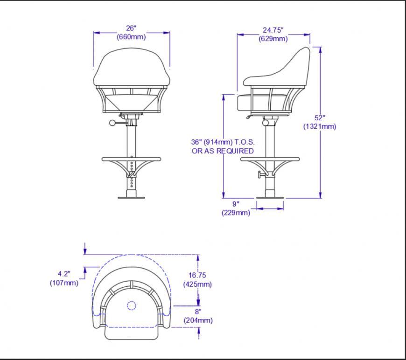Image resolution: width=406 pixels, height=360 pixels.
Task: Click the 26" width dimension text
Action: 131,29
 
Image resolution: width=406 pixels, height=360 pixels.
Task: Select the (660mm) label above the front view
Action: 131,37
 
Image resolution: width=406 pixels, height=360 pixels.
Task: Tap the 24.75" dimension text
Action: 273,30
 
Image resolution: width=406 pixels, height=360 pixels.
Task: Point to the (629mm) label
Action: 273,39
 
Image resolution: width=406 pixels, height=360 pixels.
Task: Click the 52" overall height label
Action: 320,118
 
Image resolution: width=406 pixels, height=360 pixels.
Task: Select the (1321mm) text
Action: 320,126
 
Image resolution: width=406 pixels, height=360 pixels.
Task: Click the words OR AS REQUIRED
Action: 223,151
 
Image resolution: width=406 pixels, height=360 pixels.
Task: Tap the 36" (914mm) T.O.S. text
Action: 222,142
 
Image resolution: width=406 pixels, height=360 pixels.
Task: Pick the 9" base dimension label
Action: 236,204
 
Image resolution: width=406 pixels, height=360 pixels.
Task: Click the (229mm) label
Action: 236,213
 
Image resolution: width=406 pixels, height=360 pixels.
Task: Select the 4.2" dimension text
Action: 64,274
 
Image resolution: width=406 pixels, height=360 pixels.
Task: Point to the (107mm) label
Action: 64,283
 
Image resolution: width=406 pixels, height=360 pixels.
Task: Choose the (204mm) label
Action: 198,320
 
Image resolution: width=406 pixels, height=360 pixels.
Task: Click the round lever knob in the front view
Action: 112,123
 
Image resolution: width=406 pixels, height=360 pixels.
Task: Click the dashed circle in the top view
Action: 131,305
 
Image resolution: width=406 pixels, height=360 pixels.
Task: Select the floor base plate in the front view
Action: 131,197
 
